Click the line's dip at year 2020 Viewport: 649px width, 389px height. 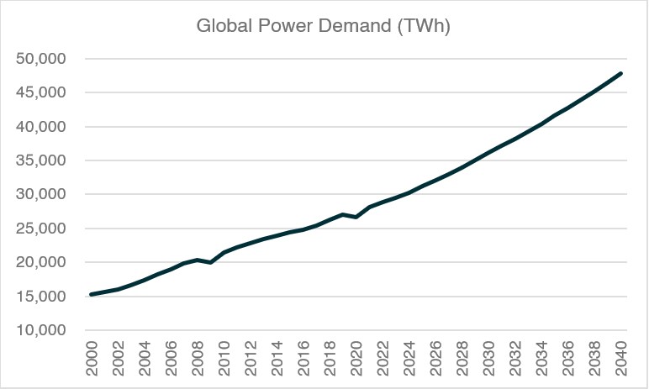point(356,217)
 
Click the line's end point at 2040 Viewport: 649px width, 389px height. point(621,73)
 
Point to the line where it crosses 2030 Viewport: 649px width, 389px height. point(489,153)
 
